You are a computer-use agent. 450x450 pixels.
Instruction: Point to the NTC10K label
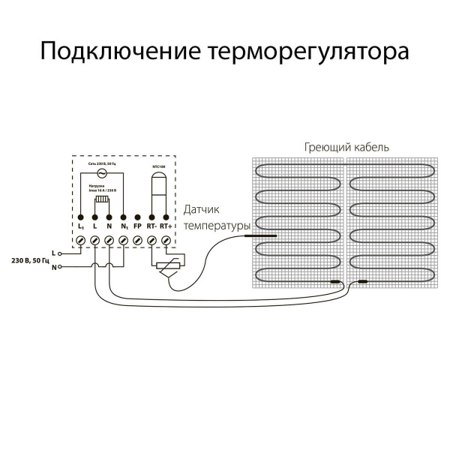[x=158, y=163]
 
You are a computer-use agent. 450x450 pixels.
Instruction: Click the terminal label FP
[x=137, y=225]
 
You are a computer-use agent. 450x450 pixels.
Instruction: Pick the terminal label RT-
[x=151, y=225]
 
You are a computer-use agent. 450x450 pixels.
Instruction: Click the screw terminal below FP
[x=137, y=239]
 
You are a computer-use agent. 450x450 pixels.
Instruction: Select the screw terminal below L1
[x=81, y=239]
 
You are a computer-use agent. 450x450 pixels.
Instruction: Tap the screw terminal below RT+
[x=166, y=239]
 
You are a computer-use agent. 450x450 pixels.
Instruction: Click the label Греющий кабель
[x=346, y=147]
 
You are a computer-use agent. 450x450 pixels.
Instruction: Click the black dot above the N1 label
[x=123, y=215]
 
